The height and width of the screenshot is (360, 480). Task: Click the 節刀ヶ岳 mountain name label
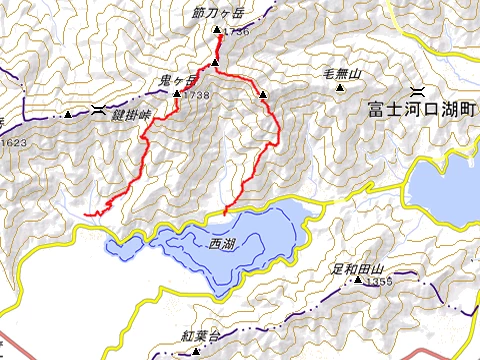click(216, 15)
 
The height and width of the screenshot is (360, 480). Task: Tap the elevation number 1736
click(236, 33)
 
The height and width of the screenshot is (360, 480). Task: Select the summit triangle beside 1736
click(217, 33)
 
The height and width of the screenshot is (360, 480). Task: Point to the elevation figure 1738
click(196, 95)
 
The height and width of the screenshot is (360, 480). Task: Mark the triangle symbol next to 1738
click(177, 95)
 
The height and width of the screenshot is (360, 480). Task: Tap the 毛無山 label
click(341, 73)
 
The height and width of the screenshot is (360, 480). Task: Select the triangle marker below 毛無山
click(346, 87)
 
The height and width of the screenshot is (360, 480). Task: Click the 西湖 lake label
click(222, 243)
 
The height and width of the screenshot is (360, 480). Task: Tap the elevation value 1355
click(377, 284)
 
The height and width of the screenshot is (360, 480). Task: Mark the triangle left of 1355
click(357, 283)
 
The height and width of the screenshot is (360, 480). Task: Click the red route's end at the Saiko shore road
click(225, 213)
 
